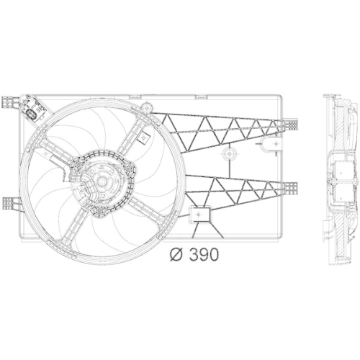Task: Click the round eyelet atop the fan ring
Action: (x=150, y=107)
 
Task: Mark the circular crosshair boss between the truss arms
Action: (x=230, y=155)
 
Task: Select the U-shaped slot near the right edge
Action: (x=269, y=146)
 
